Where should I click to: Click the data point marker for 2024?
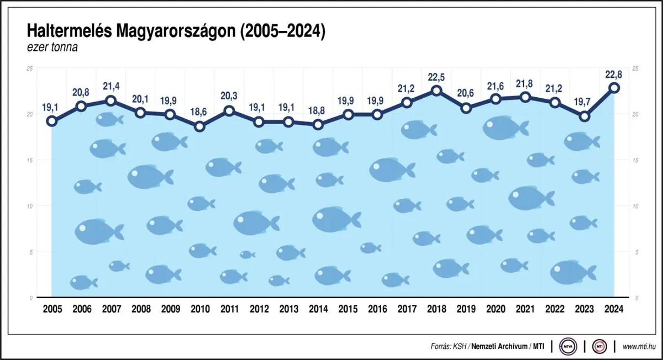614,88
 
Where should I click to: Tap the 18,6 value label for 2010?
199,112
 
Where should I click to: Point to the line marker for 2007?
110,100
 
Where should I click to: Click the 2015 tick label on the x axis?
348,310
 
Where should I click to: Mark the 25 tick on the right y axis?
635,68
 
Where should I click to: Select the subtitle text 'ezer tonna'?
52,47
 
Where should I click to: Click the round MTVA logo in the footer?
567,347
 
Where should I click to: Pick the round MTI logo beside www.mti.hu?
599,347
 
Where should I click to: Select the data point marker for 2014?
318,125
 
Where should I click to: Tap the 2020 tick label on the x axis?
496,310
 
